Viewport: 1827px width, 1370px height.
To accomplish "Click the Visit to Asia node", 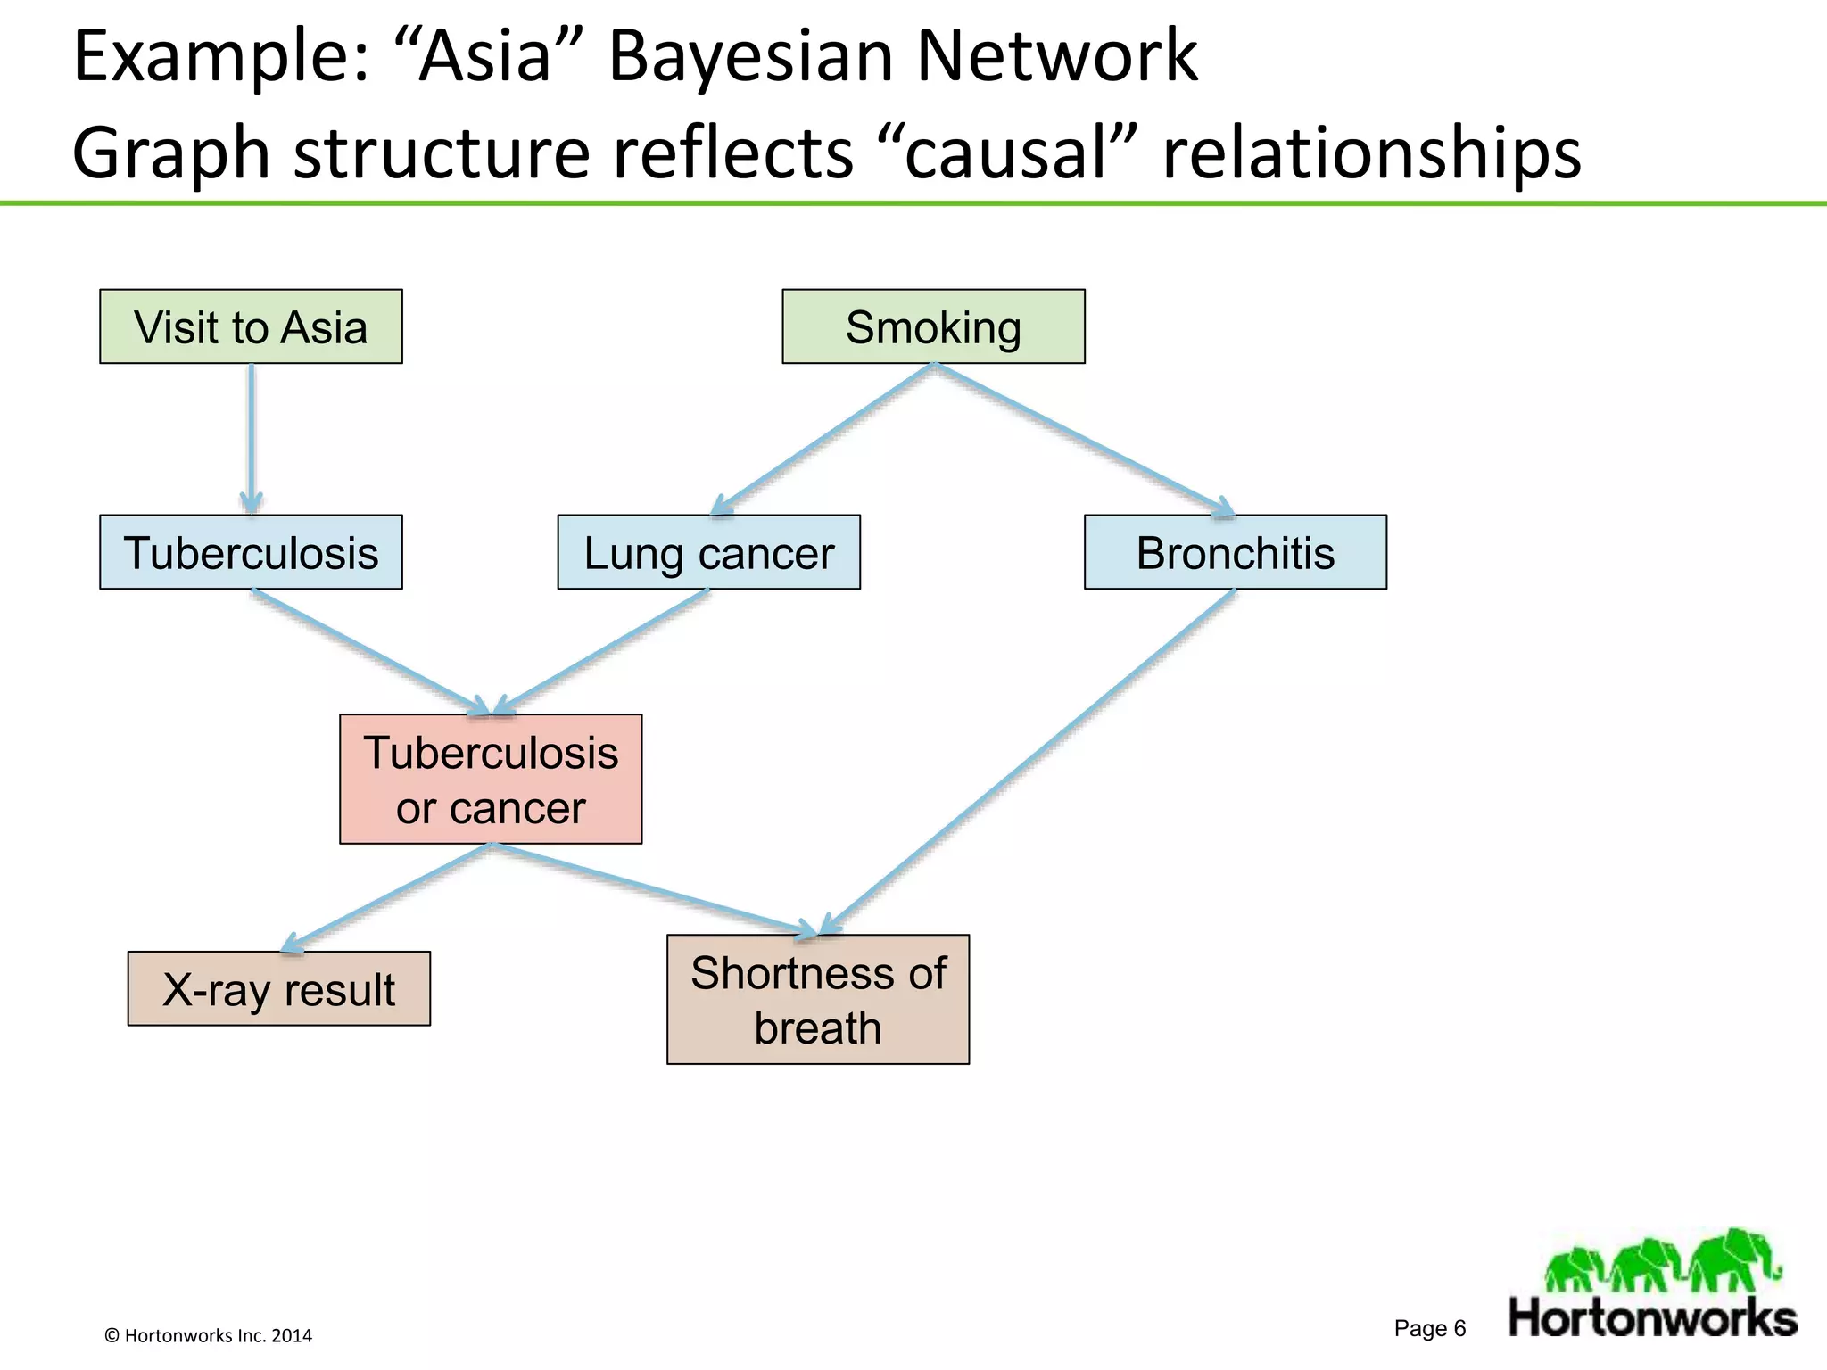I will pos(251,326).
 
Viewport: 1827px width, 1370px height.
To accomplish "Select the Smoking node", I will pos(933,326).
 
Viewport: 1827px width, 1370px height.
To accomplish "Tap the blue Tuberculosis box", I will pos(251,552).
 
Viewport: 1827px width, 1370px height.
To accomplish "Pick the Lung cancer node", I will pos(708,552).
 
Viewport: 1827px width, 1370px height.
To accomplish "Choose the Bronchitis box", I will pos(1235,552).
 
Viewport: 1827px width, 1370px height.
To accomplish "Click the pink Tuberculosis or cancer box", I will pos(491,779).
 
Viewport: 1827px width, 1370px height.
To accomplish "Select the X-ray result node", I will pos(278,988).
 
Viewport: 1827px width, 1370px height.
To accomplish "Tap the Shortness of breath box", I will pos(817,999).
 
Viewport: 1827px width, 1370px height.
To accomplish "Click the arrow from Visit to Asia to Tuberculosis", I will pos(252,437).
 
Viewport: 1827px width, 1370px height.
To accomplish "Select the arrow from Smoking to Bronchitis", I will pos(1084,438).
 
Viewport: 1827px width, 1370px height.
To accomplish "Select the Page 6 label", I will pos(1429,1328).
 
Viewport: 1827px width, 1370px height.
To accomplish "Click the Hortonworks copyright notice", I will pos(209,1335).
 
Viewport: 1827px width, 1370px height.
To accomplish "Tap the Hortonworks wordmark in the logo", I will pos(1652,1318).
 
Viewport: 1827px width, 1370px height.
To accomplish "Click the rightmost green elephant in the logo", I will pos(1735,1259).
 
